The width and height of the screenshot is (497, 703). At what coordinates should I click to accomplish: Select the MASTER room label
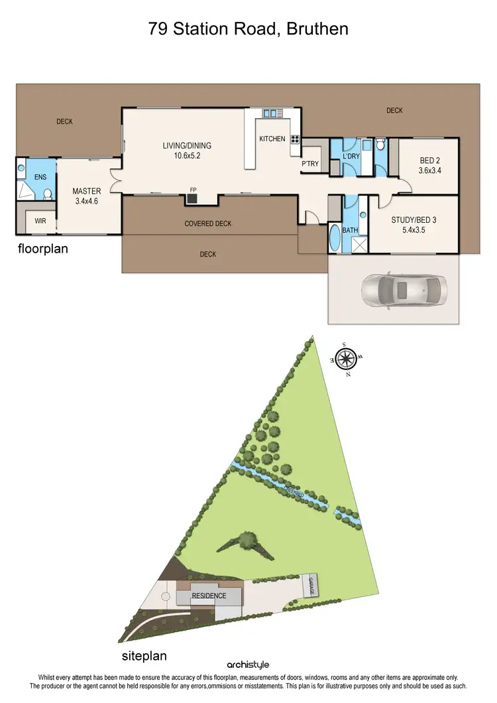pyautogui.click(x=87, y=192)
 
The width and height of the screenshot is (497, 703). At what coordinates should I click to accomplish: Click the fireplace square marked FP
pyautogui.click(x=193, y=198)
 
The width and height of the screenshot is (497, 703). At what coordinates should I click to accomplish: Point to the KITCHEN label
pyautogui.click(x=272, y=139)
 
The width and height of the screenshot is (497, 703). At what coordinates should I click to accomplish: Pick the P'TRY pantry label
pyautogui.click(x=310, y=164)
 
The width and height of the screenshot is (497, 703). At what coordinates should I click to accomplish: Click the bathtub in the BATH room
pyautogui.click(x=335, y=239)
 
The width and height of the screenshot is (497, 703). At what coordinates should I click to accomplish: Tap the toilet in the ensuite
pyautogui.click(x=47, y=194)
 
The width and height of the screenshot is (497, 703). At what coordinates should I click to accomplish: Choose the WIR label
pyautogui.click(x=40, y=221)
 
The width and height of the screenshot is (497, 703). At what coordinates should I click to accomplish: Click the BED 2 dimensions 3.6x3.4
pyautogui.click(x=430, y=170)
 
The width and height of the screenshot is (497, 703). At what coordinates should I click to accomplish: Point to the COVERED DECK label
pyautogui.click(x=208, y=224)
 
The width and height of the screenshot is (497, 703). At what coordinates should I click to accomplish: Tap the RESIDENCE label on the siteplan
pyautogui.click(x=209, y=596)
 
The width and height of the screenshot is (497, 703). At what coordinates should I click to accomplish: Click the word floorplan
pyautogui.click(x=43, y=250)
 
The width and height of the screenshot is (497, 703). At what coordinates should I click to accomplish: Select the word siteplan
pyautogui.click(x=144, y=656)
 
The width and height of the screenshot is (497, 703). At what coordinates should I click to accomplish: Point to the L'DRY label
pyautogui.click(x=351, y=157)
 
